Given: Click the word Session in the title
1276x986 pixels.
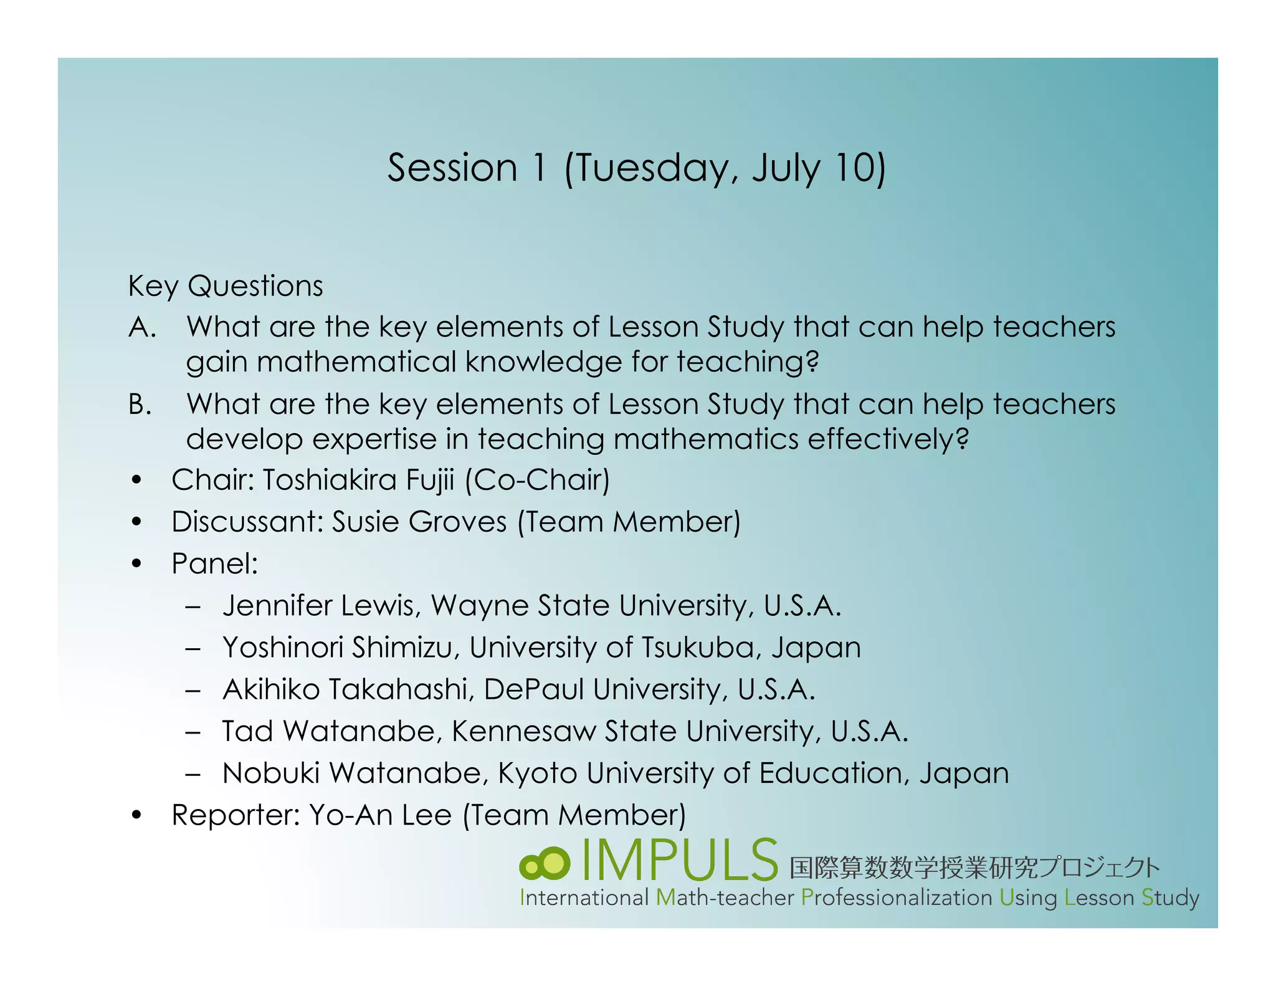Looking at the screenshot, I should coord(452,168).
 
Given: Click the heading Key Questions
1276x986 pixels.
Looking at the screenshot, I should coord(225,286).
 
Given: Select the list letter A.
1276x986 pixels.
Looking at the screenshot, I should coord(141,327).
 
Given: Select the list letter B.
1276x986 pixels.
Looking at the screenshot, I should coord(140,404).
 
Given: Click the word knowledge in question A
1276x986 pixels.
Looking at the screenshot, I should coord(543,362).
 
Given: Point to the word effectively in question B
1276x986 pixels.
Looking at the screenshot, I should coord(888,439).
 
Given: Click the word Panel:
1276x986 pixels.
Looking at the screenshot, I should coord(214,564).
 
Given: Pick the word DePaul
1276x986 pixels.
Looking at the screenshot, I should coord(534,689).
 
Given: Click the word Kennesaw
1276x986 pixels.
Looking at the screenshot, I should coord(523,731).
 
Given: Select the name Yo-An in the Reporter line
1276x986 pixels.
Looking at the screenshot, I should coord(350,815).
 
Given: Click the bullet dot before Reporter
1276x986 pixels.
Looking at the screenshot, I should coord(137,816).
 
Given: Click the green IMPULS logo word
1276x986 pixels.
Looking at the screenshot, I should coord(679,861).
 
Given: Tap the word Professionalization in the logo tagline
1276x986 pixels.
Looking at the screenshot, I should coord(897,898).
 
